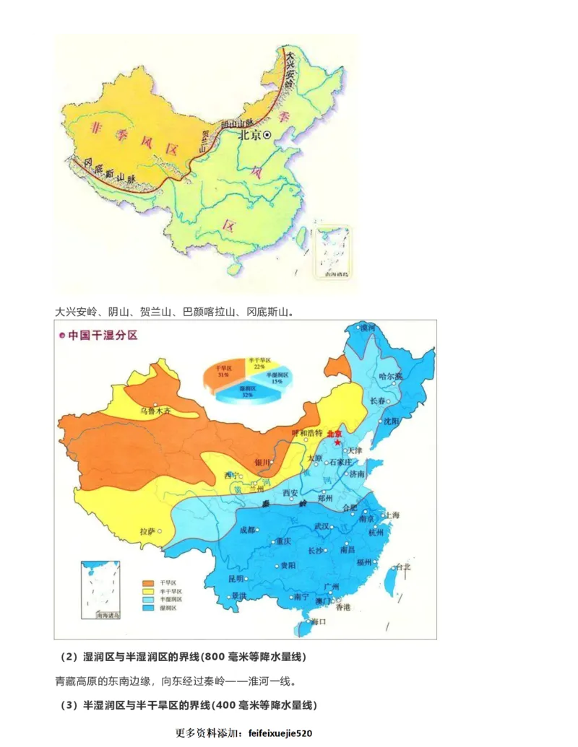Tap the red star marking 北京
[337, 442]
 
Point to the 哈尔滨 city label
[390, 376]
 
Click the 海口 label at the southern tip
[319, 621]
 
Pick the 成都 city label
[247, 530]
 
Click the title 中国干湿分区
[102, 336]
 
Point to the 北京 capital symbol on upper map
[267, 134]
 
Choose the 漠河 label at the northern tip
[368, 328]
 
